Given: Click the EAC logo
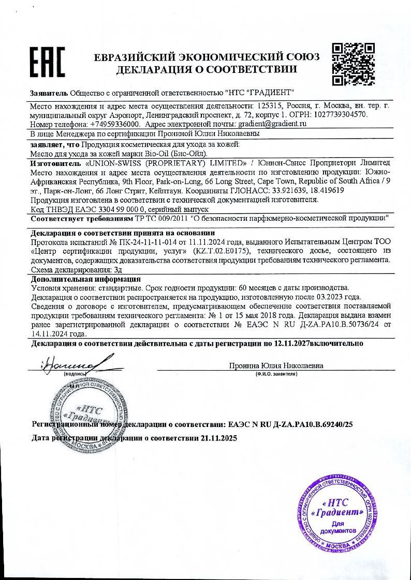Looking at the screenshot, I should (46, 63).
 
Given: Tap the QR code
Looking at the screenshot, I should (353, 64).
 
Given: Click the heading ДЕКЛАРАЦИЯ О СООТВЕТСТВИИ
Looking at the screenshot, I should (207, 69).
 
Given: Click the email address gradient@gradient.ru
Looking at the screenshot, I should (272, 125).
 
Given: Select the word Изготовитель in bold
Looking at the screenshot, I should (55, 162).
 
